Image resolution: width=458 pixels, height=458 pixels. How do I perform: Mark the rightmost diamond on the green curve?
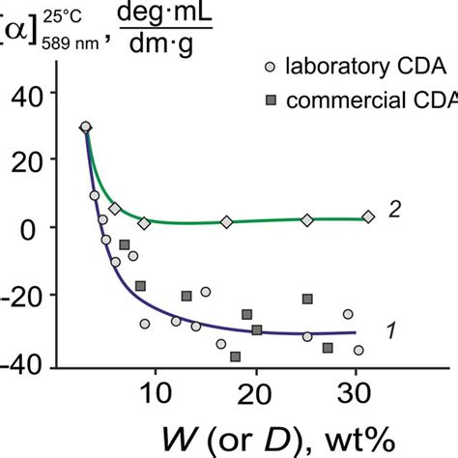[x=368, y=216]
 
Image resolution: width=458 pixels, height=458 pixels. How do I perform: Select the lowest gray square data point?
[x=236, y=357]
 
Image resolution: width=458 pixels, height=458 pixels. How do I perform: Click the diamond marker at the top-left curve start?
[x=85, y=127]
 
